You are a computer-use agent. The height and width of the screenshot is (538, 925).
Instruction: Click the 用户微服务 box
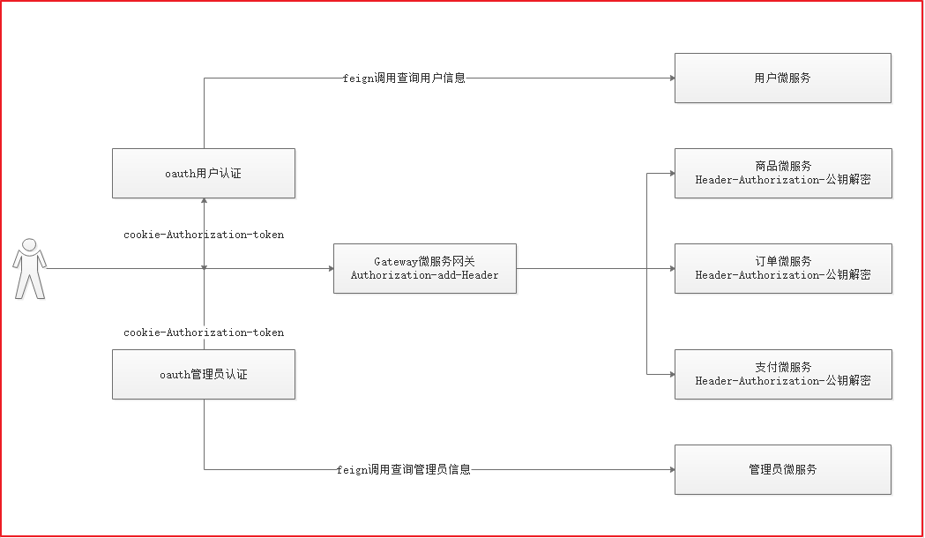(782, 78)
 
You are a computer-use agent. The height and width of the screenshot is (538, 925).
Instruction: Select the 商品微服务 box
(782, 173)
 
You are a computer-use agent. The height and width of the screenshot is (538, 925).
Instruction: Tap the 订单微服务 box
(782, 268)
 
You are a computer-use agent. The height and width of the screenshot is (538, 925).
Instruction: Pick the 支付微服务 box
(782, 374)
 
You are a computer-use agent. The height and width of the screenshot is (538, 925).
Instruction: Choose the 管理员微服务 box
(782, 469)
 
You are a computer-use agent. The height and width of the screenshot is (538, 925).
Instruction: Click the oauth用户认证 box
(204, 173)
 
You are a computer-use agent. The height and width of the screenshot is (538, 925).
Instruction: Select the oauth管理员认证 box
(204, 374)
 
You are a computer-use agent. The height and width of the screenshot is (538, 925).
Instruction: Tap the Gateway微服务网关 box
(424, 268)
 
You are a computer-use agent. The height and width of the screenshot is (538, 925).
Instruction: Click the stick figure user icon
(29, 267)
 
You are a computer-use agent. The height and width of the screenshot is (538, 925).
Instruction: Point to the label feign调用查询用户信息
(404, 78)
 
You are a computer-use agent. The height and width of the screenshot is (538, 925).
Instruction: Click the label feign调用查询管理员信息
(404, 469)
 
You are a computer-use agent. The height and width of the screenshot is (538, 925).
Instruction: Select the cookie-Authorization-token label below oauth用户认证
(204, 235)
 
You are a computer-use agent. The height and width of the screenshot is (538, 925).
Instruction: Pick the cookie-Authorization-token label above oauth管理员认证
(204, 333)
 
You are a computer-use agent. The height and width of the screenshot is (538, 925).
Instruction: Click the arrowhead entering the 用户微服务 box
(671, 78)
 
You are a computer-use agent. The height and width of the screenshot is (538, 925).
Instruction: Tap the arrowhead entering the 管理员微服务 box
(671, 469)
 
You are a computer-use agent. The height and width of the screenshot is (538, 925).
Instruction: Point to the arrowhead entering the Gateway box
(330, 268)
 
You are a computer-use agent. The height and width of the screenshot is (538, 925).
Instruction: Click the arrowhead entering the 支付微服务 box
(671, 374)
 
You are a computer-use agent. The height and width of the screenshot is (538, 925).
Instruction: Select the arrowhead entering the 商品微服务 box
(671, 173)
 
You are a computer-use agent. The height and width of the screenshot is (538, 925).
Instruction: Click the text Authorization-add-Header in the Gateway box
(424, 275)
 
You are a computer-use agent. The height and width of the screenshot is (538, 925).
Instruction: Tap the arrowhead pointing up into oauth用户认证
(204, 202)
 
